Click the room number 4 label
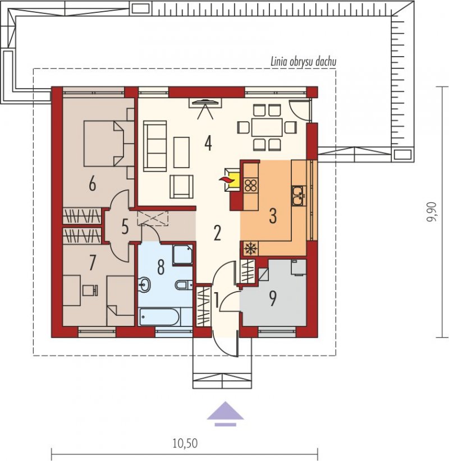pos(208,144)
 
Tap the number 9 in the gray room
pos(273,298)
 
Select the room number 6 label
pos(93,185)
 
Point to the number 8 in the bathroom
pos(161,268)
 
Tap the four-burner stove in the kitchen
pos(251,185)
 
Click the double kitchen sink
pos(299,195)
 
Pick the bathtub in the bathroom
pos(159,317)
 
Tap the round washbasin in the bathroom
pos(144,284)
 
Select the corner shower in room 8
pos(183,255)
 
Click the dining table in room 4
pos(267,127)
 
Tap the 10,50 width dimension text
pos(185,443)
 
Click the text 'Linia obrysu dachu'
pos(303,62)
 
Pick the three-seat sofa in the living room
pos(155,146)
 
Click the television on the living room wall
pos(205,102)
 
